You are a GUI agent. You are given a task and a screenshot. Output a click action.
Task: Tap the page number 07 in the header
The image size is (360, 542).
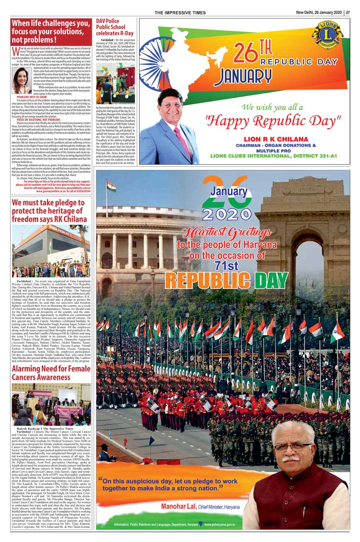click(348, 12)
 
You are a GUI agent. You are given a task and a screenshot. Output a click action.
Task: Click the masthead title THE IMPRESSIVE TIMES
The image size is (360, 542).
click(180, 13)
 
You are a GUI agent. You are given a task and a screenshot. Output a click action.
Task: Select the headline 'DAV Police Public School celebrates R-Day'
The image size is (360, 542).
click(114, 27)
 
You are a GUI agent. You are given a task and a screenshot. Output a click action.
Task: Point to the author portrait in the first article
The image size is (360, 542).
click(21, 80)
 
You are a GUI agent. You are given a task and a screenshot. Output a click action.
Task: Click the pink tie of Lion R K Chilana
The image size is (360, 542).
click(179, 140)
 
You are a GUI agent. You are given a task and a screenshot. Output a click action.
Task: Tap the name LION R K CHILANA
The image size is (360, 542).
click(276, 139)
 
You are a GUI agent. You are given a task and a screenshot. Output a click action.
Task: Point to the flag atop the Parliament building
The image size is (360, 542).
click(111, 186)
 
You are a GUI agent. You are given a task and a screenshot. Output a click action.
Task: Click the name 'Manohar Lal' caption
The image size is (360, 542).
click(178, 507)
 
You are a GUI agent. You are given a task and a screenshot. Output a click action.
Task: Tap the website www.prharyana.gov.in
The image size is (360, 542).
click(220, 524)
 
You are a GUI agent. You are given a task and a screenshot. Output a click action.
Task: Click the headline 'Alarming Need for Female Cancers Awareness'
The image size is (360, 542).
click(51, 373)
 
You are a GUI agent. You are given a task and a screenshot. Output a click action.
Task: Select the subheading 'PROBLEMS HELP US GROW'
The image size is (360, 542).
click(32, 97)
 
